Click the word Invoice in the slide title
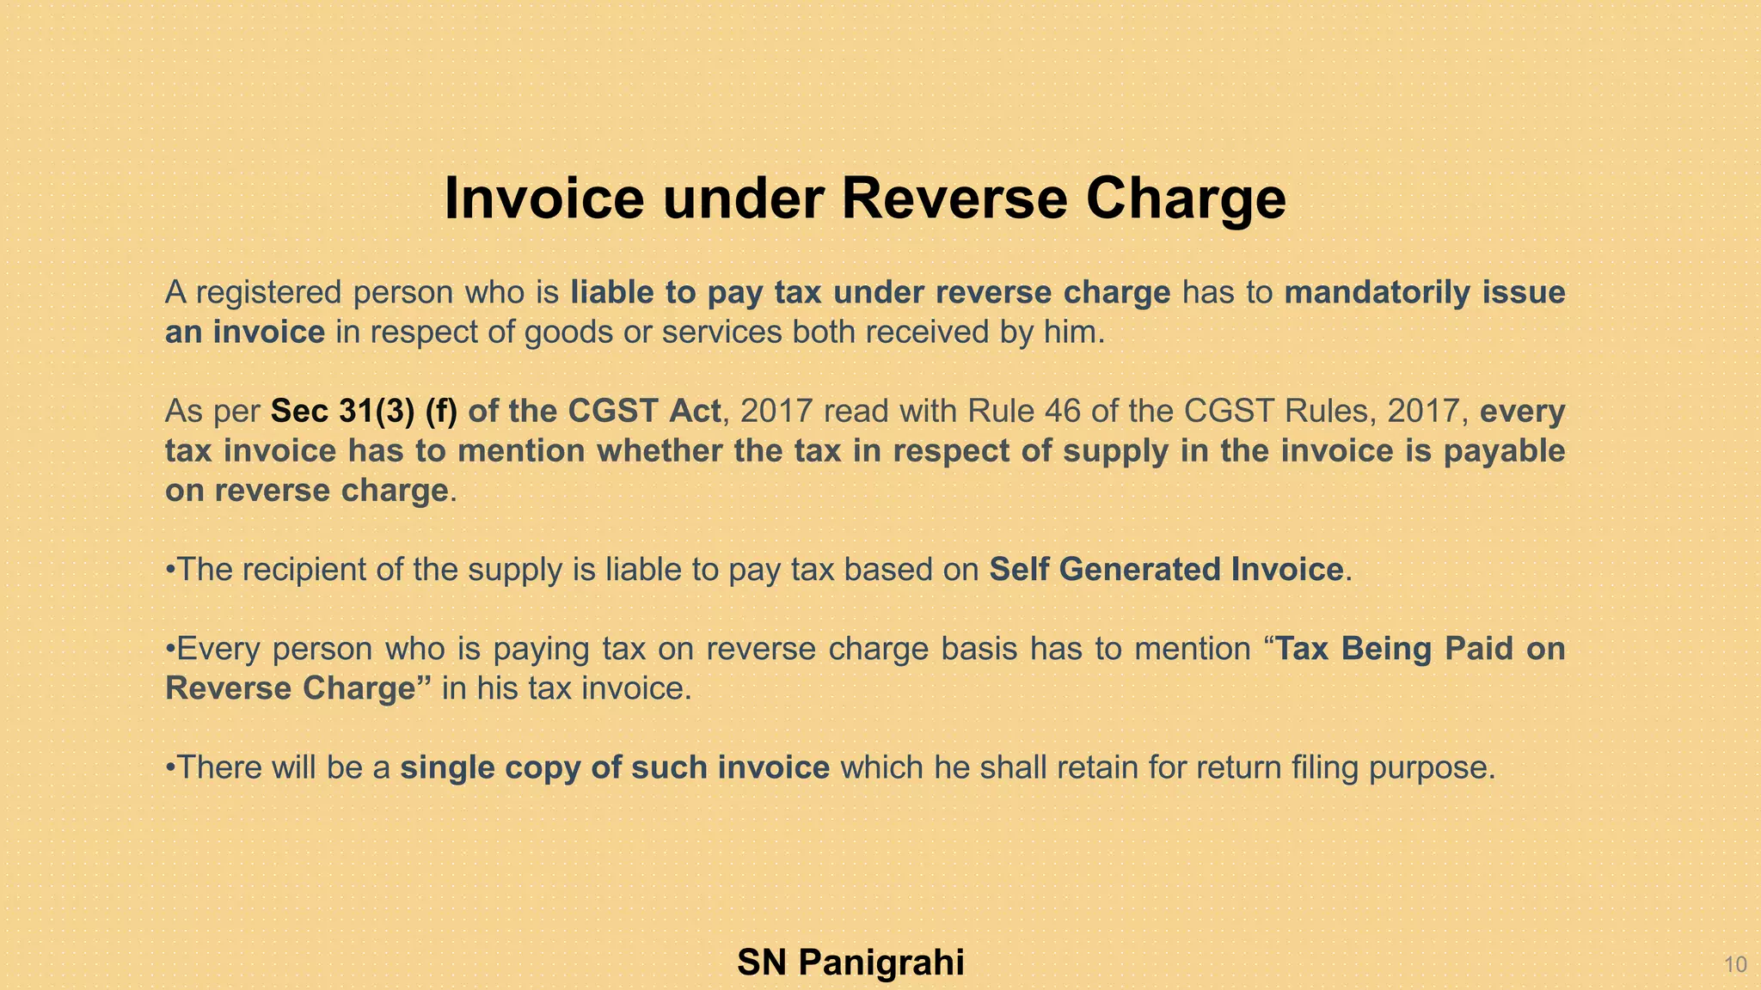click(543, 199)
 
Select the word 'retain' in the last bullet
click(1097, 767)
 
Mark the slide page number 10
click(1735, 965)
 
